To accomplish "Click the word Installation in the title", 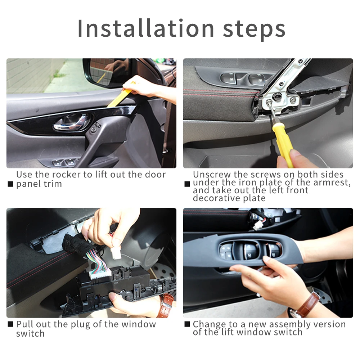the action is coord(146,28).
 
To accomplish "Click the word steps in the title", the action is coord(254,30).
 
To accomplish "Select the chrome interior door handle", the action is coord(72,122).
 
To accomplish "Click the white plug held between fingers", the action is coord(116,253).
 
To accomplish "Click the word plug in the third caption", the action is coord(81,325).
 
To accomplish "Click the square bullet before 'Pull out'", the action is coord(10,324).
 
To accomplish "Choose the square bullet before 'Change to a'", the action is coord(187,324).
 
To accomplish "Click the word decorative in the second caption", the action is coord(216,198).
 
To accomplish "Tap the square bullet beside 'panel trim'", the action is coord(10,184).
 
